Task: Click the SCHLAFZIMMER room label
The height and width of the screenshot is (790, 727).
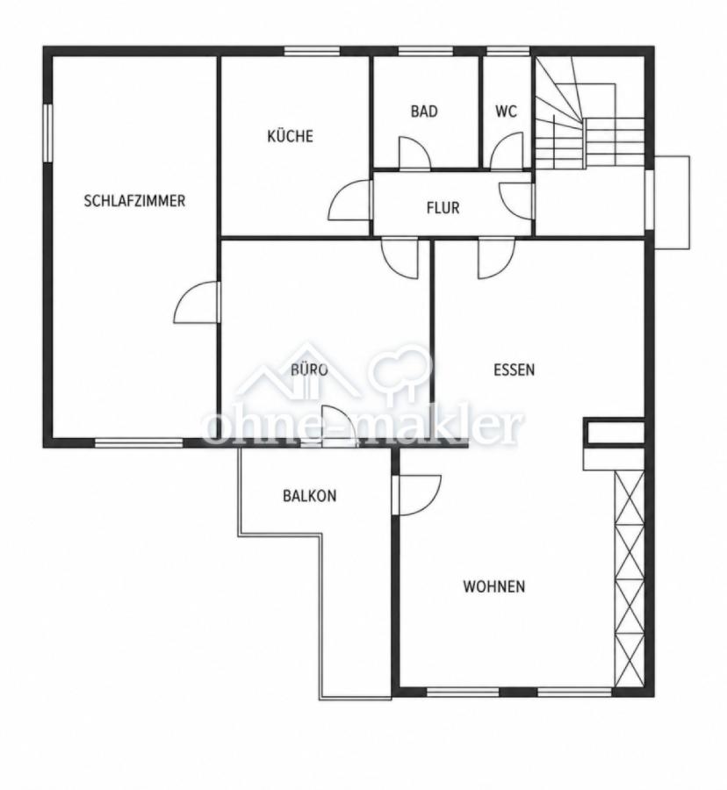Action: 134,201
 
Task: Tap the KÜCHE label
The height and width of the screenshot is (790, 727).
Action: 291,136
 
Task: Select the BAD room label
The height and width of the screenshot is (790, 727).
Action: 424,111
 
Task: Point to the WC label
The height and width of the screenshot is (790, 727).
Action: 506,111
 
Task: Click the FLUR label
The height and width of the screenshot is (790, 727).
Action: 443,208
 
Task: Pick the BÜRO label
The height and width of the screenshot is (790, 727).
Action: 309,370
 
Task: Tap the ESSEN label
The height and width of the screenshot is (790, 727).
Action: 514,370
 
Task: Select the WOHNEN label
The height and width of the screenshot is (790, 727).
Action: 494,586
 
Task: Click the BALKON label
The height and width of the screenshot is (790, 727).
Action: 309,496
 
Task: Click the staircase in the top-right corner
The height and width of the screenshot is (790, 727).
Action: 589,112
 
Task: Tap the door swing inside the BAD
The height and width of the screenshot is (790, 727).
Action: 414,151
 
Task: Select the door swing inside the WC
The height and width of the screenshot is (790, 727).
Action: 507,150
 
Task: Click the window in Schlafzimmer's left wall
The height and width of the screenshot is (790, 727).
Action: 47,133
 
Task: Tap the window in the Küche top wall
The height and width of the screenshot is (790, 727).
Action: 312,51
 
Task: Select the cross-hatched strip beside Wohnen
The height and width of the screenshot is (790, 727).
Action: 630,578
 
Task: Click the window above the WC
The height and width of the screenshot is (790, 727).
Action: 507,51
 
